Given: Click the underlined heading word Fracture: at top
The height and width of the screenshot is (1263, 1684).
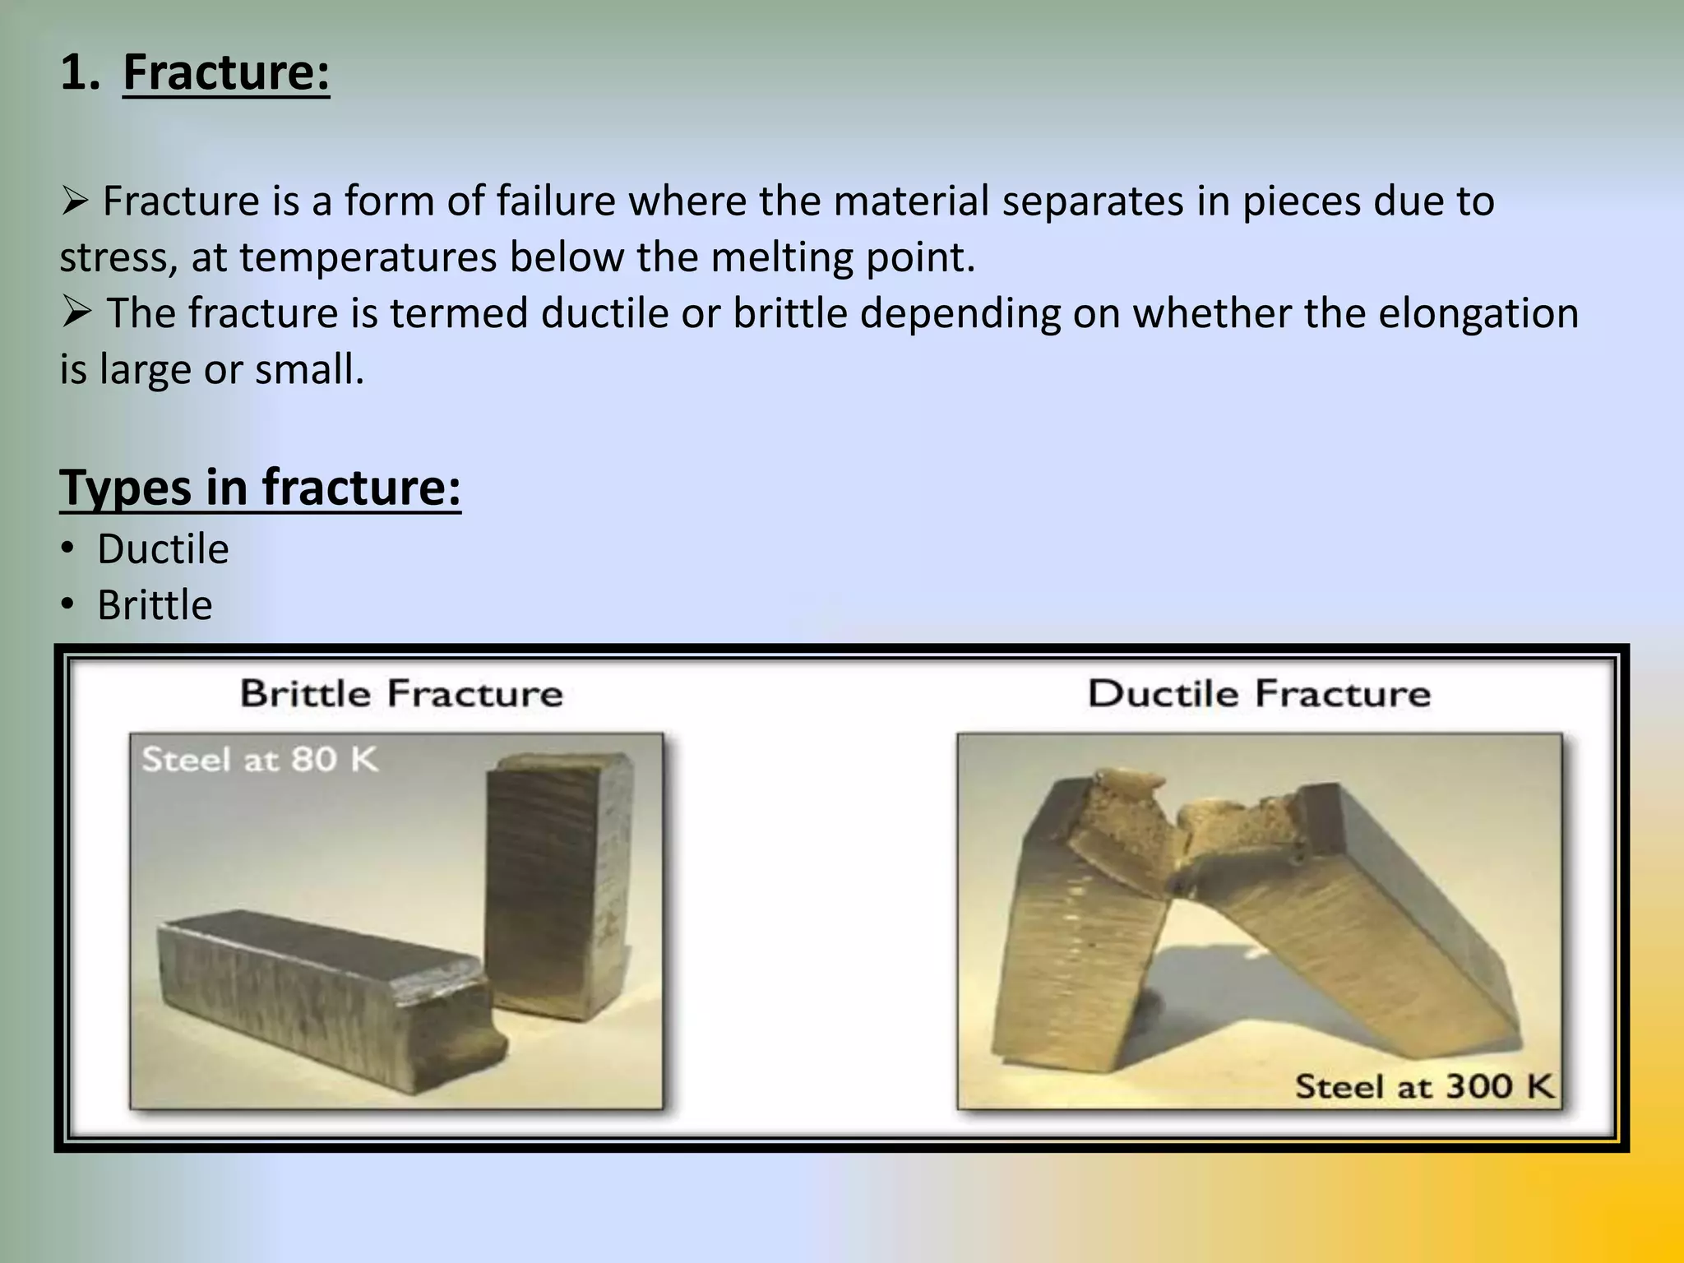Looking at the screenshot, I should (226, 72).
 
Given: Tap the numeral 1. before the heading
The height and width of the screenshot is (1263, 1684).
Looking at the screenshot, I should (81, 72).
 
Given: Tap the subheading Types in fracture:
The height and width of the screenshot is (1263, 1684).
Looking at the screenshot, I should (260, 487).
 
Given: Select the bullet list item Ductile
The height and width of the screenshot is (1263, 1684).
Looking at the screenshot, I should (163, 549).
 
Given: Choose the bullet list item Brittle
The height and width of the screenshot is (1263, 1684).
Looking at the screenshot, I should (155, 605).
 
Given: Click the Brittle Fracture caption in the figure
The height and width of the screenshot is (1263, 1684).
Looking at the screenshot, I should (401, 693).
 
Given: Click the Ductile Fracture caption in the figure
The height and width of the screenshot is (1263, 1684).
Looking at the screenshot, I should (1259, 693).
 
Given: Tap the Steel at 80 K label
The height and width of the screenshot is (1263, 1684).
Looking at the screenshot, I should (260, 759).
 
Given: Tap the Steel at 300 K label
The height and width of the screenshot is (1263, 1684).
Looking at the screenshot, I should (1424, 1086).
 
